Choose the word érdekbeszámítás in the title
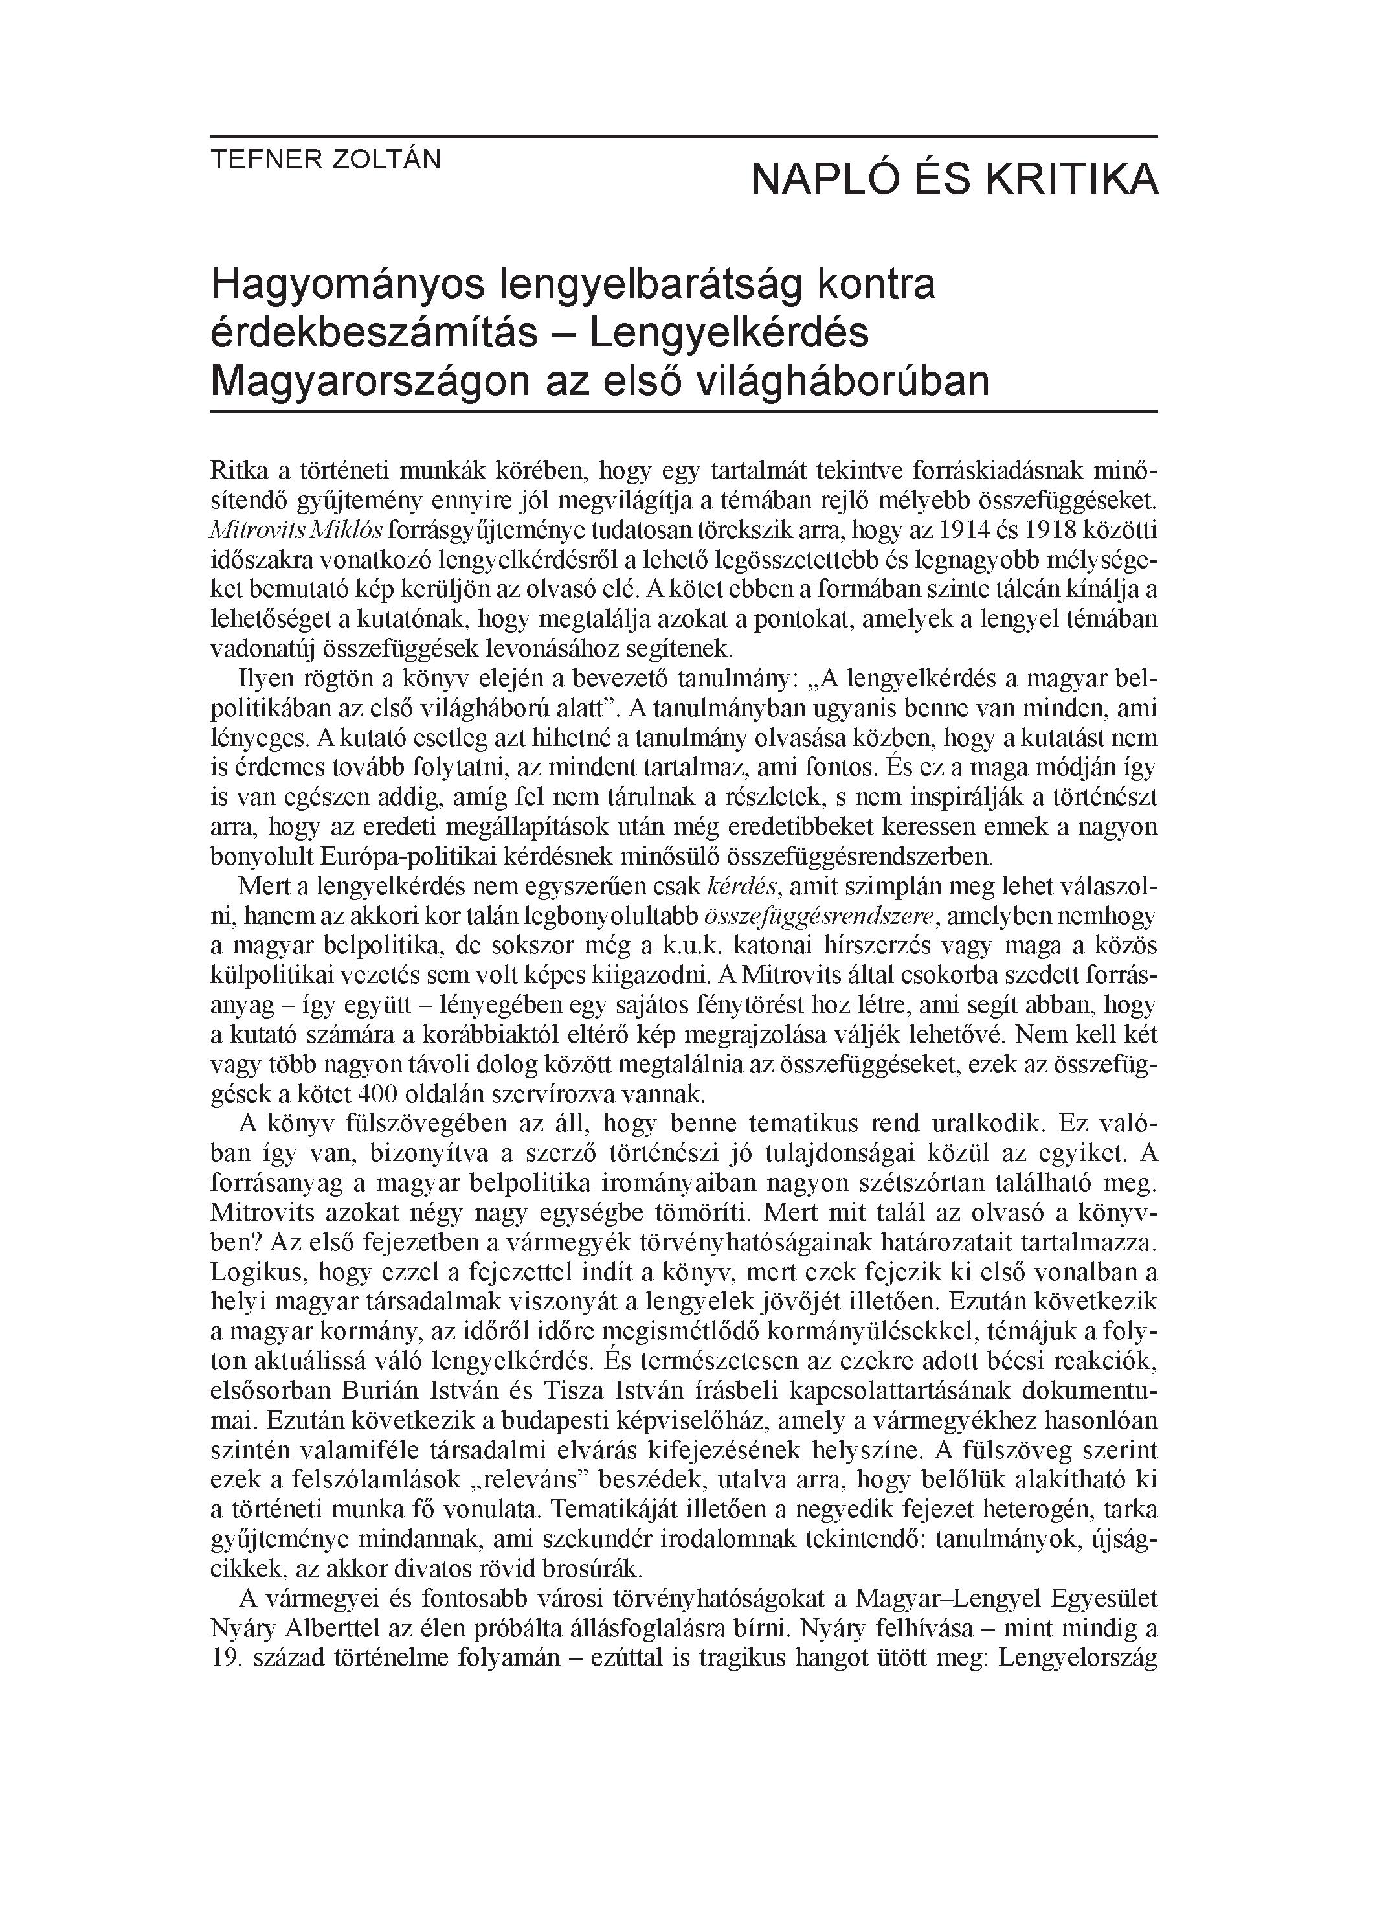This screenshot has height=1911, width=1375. [374, 334]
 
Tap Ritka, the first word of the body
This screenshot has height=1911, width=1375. [238, 469]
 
